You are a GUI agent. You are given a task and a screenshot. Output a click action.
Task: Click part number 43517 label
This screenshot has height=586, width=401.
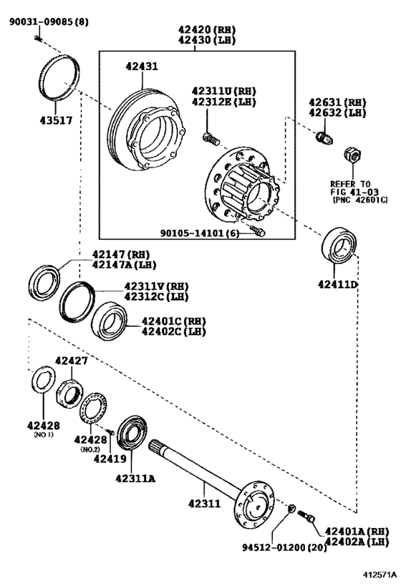[x=56, y=120]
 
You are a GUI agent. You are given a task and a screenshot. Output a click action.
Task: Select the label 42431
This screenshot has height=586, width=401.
[x=142, y=66]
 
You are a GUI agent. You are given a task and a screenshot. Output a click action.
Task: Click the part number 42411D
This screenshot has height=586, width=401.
[x=338, y=284]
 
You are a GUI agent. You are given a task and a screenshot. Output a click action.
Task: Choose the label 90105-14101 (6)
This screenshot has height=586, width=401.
[x=199, y=233]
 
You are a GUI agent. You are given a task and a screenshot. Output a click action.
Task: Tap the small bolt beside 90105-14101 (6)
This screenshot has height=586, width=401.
[x=258, y=231]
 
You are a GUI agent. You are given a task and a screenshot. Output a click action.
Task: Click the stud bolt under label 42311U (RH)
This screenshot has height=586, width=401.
[x=211, y=139]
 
